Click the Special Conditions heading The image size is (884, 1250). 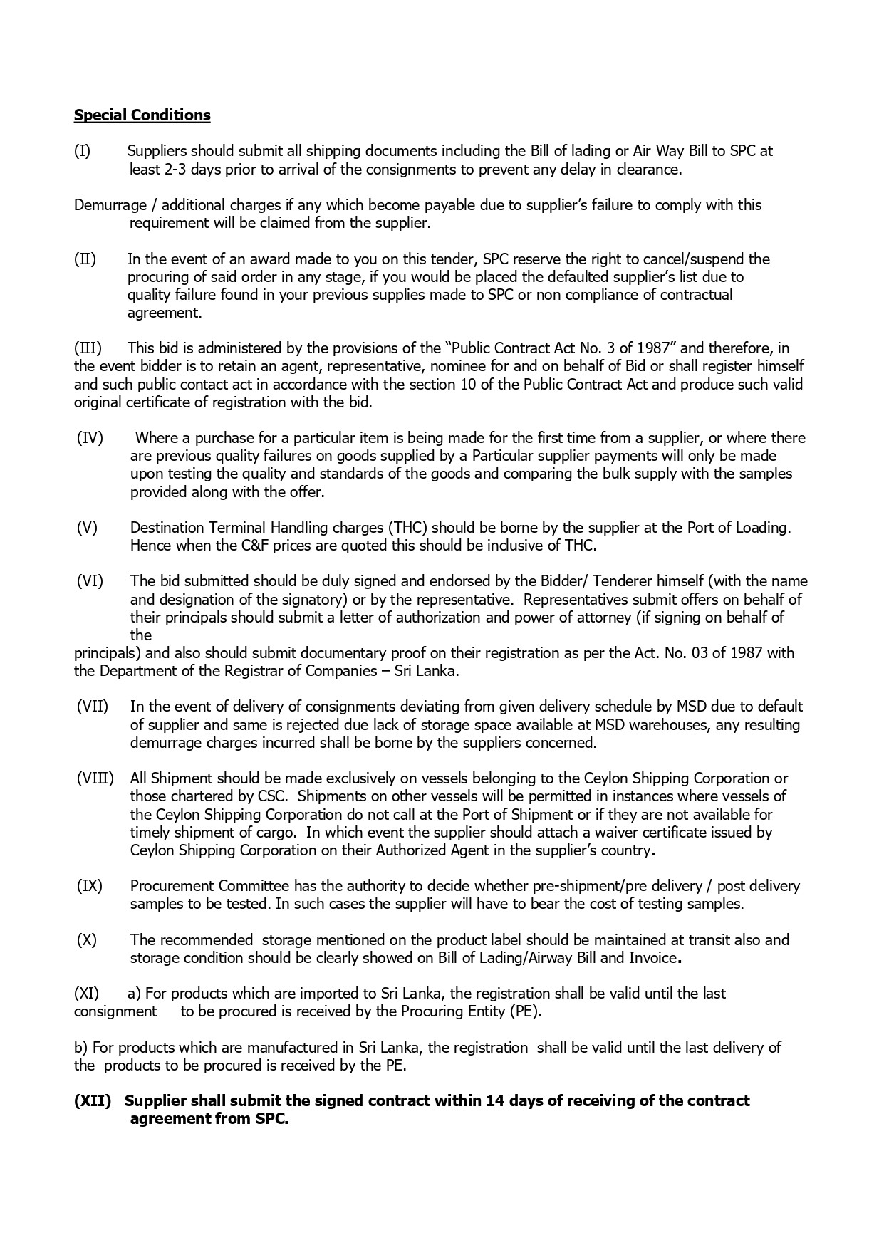point(142,115)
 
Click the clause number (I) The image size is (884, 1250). point(82,151)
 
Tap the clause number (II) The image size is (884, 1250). point(85,259)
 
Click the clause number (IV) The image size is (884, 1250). point(90,438)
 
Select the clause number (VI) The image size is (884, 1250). point(90,582)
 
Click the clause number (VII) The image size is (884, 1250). point(93,707)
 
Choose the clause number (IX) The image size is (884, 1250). point(90,886)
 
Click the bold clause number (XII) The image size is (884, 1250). point(93,1101)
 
